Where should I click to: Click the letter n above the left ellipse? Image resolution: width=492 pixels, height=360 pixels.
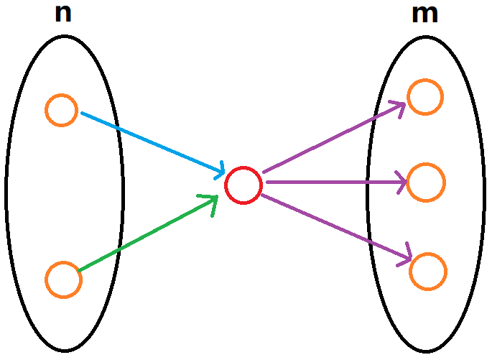pos(63,14)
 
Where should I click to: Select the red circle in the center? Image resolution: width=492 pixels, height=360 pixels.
pos(243,185)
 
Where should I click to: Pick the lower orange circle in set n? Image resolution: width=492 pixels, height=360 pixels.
pos(63,280)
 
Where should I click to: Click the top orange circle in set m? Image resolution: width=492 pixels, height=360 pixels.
pos(425,97)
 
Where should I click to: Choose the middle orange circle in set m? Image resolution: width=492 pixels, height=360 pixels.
pos(426,183)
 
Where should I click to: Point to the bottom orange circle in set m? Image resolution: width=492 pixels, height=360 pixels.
pos(428,270)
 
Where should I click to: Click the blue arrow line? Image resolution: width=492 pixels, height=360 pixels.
pos(151,142)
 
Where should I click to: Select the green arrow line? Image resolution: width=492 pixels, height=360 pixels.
pos(147,234)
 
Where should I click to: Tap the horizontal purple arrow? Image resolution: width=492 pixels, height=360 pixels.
pos(330,183)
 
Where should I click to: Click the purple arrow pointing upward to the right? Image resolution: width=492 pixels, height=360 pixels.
pos(330,139)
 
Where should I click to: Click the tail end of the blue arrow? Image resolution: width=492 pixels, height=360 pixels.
pos(83,113)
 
